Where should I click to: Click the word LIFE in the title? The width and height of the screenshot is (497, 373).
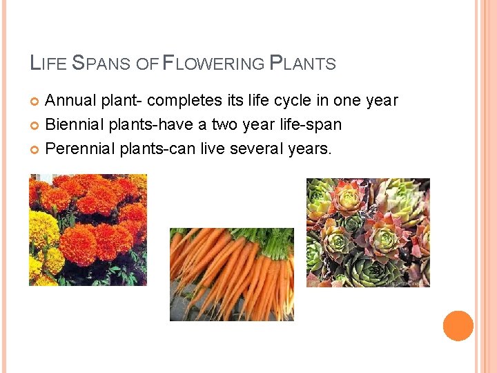48,64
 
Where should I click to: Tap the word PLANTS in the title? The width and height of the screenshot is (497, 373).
302,64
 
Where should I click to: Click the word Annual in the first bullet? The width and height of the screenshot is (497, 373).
70,101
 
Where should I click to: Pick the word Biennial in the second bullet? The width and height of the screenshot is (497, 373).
72,124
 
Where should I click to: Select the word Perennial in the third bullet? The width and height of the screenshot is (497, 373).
79,148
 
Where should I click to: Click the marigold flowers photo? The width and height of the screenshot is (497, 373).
88,230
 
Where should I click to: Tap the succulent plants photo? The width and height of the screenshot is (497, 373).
368,232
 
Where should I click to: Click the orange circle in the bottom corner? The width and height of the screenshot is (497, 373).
458,326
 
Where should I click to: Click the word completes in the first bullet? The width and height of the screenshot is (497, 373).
185,101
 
